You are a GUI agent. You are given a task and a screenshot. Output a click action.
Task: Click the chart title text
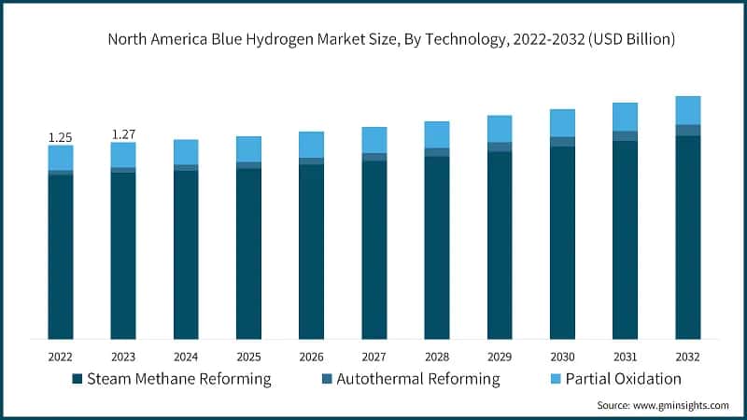click(391, 39)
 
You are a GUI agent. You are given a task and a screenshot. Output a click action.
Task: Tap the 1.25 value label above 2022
click(60, 137)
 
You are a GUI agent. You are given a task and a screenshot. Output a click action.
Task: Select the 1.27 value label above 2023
click(123, 134)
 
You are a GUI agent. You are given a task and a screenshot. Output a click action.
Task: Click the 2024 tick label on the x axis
click(186, 356)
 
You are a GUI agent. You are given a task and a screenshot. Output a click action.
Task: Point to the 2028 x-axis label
click(437, 356)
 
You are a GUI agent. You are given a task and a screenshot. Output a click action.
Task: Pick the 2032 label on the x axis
click(688, 356)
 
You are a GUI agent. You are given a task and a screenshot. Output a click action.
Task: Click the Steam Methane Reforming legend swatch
click(77, 379)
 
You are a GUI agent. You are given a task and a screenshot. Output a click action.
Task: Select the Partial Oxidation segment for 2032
click(688, 110)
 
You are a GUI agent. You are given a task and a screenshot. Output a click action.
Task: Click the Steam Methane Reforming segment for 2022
click(60, 257)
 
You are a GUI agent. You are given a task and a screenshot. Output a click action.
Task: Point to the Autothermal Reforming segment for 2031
click(626, 136)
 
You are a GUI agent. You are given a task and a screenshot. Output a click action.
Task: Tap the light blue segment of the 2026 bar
click(311, 145)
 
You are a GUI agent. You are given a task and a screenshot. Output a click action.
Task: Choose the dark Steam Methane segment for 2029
click(500, 245)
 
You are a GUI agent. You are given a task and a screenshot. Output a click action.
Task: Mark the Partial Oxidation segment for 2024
click(186, 152)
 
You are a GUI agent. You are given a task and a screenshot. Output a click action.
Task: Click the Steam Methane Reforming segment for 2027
click(374, 249)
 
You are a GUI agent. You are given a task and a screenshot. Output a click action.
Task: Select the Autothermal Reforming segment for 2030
click(562, 142)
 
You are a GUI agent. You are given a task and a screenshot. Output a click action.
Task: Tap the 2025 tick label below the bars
click(248, 356)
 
